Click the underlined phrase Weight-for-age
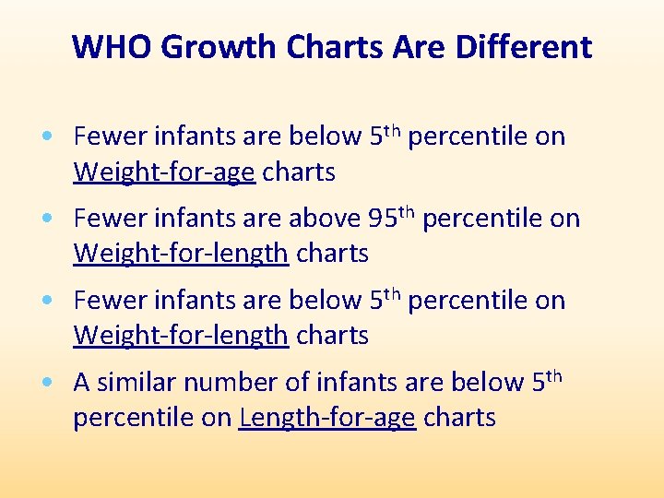point(164,172)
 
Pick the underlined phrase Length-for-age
point(327,418)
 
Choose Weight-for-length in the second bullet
point(181,254)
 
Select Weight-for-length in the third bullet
point(181,336)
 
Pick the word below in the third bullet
point(326,301)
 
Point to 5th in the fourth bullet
point(546,381)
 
